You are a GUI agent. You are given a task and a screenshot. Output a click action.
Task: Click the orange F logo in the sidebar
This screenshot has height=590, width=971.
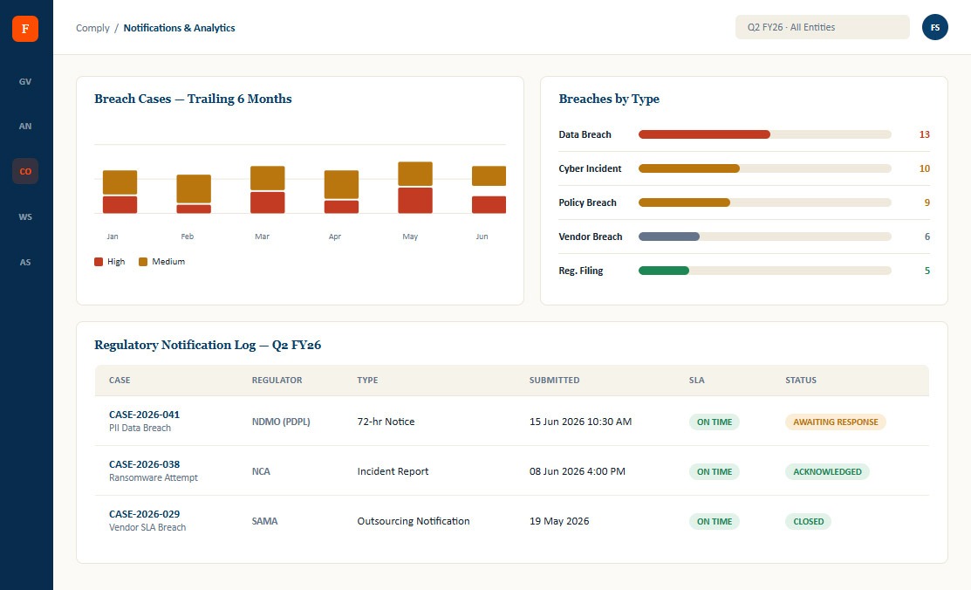coord(25,29)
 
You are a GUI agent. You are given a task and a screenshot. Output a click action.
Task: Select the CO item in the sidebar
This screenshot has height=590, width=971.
coord(25,171)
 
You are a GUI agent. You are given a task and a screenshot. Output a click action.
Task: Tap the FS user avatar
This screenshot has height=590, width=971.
coord(935,27)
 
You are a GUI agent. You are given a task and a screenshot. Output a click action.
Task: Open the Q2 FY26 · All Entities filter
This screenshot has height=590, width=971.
coord(823,27)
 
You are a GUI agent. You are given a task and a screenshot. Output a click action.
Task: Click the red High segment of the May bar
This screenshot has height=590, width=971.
coord(415,200)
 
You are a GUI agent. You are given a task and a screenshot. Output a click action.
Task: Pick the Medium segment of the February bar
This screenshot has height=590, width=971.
coord(194,189)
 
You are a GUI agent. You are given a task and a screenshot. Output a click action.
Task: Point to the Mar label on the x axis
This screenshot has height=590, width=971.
coord(262,237)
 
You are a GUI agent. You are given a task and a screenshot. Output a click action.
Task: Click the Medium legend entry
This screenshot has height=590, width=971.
coord(161,262)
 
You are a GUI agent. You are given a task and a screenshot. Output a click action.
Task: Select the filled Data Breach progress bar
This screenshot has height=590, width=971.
coord(704,134)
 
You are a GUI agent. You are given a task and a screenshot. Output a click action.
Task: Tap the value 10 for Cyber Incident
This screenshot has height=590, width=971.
coord(925,168)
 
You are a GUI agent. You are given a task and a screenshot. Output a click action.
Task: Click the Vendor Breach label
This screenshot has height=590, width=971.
coord(590,237)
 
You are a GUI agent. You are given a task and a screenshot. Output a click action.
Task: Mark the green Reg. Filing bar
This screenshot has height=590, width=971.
coord(664,271)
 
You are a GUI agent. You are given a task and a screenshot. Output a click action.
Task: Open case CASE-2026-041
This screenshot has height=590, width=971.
coord(144,415)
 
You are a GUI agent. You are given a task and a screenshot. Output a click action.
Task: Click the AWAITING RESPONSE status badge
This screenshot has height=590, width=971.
coord(836,422)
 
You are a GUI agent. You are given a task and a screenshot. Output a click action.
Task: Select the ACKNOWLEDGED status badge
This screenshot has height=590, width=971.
coord(827,471)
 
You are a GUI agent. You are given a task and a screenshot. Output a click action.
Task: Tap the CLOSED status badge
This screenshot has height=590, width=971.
coord(808,521)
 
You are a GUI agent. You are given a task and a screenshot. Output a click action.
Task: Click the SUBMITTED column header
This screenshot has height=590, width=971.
coord(554,380)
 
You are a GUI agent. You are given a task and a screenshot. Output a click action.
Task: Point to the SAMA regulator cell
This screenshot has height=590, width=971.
coord(264,521)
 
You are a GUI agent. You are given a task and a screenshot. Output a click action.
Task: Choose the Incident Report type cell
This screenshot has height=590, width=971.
coord(393,471)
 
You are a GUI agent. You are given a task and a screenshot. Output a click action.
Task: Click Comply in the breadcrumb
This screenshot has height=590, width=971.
coord(92,28)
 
